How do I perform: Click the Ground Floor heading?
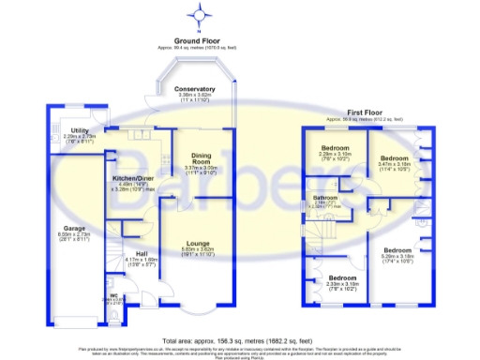[198, 41]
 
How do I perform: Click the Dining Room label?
[198, 158]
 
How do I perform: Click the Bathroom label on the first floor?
[324, 198]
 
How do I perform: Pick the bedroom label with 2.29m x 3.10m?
[336, 149]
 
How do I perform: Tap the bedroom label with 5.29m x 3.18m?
[399, 249]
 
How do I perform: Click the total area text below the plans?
[240, 339]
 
